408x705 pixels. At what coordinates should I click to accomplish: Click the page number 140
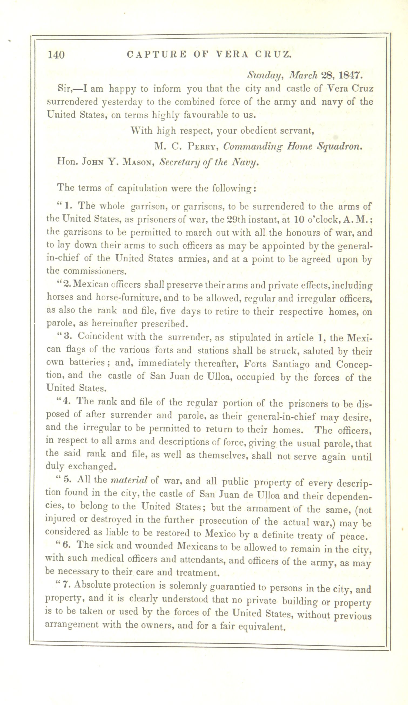coord(56,55)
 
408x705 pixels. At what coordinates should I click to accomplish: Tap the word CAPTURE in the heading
coord(156,54)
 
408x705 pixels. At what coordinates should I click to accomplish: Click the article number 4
coord(66,401)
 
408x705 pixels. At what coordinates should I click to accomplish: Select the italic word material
coord(129,480)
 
